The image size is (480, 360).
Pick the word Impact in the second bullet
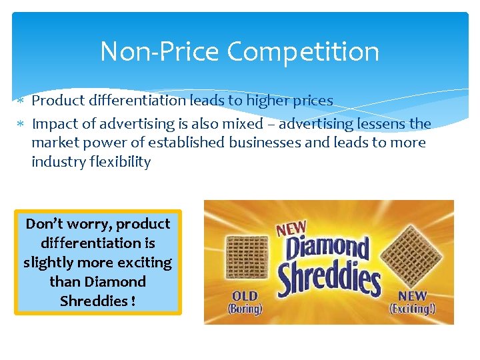pos(53,124)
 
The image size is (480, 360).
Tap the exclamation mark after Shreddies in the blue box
pos(133,301)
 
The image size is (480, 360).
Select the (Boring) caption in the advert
pos(245,309)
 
